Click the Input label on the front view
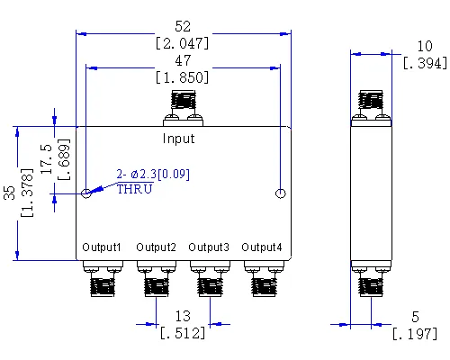(x=178, y=139)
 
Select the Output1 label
(x=101, y=247)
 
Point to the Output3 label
(x=208, y=247)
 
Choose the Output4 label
(x=262, y=247)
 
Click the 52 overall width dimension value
(x=183, y=27)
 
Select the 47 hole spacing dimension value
(x=183, y=62)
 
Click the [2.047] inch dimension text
(x=183, y=42)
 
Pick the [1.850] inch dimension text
(x=183, y=78)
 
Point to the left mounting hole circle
(x=85, y=193)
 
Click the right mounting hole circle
(x=281, y=193)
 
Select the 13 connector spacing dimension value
(x=182, y=317)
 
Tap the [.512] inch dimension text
(x=182, y=333)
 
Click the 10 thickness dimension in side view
(x=424, y=46)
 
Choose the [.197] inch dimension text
(x=414, y=334)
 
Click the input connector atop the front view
(x=183, y=108)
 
